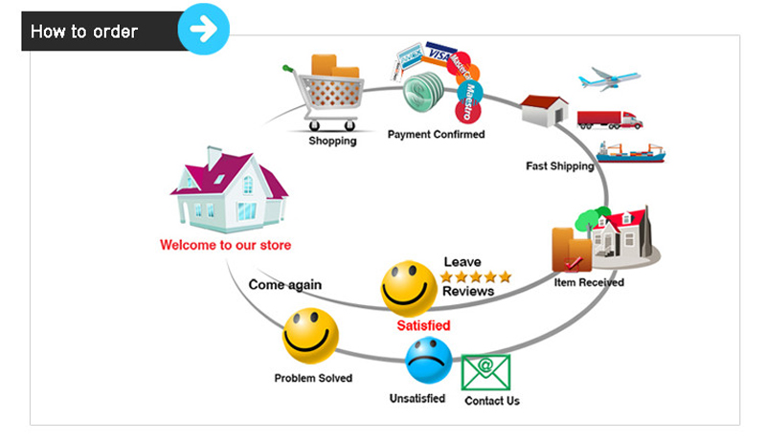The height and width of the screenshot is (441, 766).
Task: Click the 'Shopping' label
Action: pyautogui.click(x=332, y=142)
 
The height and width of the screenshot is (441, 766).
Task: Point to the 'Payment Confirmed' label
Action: pyautogui.click(x=436, y=135)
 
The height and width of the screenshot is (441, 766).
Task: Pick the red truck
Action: pyautogui.click(x=610, y=120)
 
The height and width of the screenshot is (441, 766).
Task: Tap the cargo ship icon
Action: pyautogui.click(x=629, y=151)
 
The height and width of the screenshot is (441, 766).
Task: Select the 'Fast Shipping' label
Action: pyautogui.click(x=560, y=166)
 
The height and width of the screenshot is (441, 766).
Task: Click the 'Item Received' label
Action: pyautogui.click(x=589, y=283)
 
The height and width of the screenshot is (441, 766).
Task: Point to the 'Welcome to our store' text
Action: pyautogui.click(x=226, y=246)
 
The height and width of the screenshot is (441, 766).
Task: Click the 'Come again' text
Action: pyautogui.click(x=285, y=285)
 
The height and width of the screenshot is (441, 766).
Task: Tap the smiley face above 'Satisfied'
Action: pyautogui.click(x=409, y=288)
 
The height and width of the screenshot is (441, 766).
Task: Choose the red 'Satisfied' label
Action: pyautogui.click(x=423, y=326)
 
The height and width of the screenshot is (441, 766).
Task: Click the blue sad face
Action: pyautogui.click(x=428, y=360)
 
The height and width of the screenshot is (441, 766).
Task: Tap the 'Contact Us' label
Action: pyautogui.click(x=492, y=401)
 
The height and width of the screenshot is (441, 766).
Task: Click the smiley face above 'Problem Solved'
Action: pyautogui.click(x=310, y=336)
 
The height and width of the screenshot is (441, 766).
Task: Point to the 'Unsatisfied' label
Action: pyautogui.click(x=417, y=398)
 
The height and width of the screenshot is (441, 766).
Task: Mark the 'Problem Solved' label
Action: pyautogui.click(x=313, y=378)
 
